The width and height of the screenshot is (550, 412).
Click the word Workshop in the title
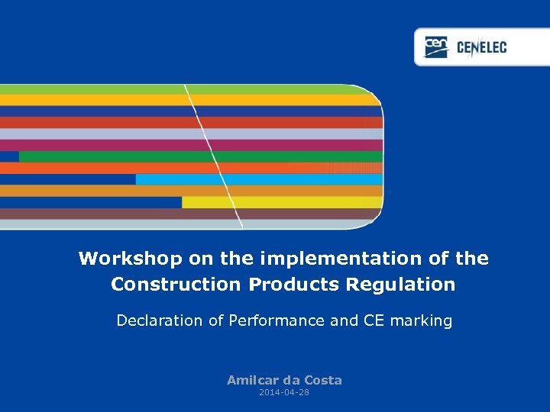(x=131, y=259)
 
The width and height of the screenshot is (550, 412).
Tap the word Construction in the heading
(x=176, y=285)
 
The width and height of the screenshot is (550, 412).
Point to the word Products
(x=295, y=285)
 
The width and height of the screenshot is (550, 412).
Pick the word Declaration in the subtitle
(x=160, y=321)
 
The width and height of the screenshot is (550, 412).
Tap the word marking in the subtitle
(x=421, y=321)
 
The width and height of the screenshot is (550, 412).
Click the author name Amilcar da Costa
(x=284, y=380)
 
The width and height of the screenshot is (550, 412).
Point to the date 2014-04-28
(x=284, y=392)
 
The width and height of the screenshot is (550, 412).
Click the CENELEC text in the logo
(x=481, y=48)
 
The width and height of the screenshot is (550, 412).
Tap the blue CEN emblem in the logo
(x=436, y=47)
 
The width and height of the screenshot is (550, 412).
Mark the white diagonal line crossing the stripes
(x=214, y=156)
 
